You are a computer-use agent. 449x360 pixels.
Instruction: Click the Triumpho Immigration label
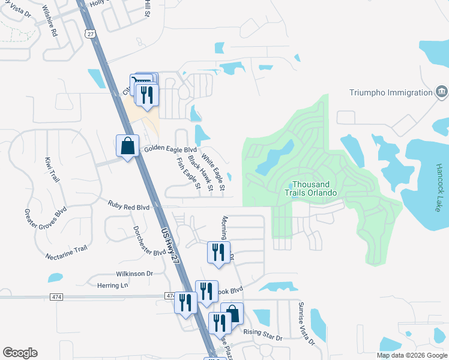click(391, 92)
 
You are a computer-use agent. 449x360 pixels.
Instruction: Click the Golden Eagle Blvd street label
click(170, 149)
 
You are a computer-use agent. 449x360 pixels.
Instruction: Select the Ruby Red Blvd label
click(128, 206)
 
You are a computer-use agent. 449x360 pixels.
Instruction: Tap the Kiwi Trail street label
click(52, 169)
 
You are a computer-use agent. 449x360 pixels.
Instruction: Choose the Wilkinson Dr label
click(135, 274)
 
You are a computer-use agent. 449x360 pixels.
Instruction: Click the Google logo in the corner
click(20, 353)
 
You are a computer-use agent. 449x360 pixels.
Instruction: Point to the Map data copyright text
click(412, 355)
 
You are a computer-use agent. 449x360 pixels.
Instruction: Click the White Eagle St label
click(213, 173)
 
